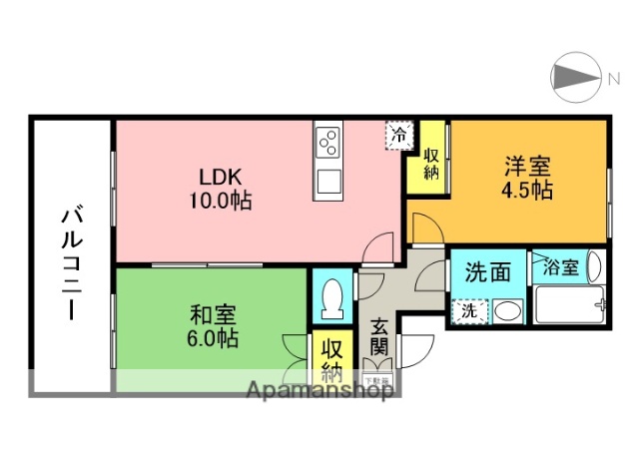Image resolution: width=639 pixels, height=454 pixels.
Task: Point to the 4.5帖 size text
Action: point(528,191)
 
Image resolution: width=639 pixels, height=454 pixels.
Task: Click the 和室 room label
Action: point(210,315)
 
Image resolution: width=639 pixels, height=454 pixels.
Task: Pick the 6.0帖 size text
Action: point(210,339)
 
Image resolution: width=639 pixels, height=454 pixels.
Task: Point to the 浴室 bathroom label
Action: point(561,267)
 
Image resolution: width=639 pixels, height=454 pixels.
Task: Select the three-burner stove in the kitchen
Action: point(328,146)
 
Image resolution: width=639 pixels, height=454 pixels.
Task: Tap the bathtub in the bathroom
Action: point(567,303)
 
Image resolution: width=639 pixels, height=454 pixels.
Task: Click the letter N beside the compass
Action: point(614,76)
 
